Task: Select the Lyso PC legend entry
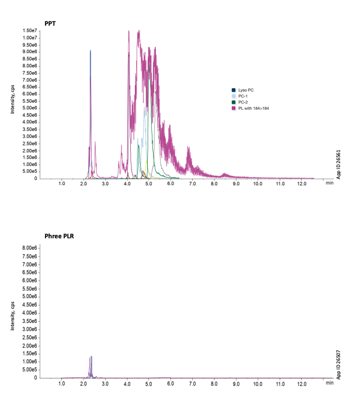coord(245,90)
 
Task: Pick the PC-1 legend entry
coord(242,96)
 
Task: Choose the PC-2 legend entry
coord(242,102)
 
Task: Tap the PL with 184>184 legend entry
coord(253,108)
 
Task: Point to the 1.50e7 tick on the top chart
coord(30,30)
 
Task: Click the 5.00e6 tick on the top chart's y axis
coord(30,108)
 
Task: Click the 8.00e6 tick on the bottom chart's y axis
coord(30,248)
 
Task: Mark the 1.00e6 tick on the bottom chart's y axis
coord(30,362)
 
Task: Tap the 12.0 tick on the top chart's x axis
coord(301,184)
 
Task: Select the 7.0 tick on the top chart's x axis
coord(193,184)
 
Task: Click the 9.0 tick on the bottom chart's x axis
coord(236,384)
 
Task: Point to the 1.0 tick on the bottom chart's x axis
coord(62,384)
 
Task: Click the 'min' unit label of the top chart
coord(329,183)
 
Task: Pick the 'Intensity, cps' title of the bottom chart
coord(13,315)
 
